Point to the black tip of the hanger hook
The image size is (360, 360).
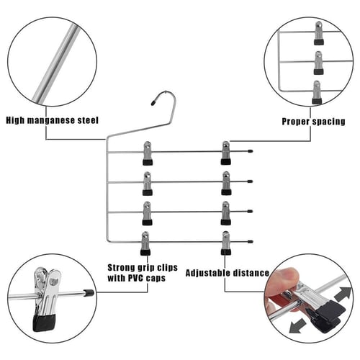click(153, 103)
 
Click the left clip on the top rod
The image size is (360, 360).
click(148, 153)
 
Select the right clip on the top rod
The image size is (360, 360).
click(226, 153)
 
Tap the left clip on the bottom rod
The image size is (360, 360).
click(145, 243)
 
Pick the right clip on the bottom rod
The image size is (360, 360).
click(226, 243)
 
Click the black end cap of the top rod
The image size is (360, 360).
click(251, 151)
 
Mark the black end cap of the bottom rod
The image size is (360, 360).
click(251, 241)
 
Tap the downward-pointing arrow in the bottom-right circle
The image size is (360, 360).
click(298, 325)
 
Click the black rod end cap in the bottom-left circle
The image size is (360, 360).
click(89, 293)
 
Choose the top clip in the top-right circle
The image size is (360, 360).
click(319, 33)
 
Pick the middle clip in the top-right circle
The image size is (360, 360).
click(319, 63)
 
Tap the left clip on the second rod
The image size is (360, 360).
click(148, 184)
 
